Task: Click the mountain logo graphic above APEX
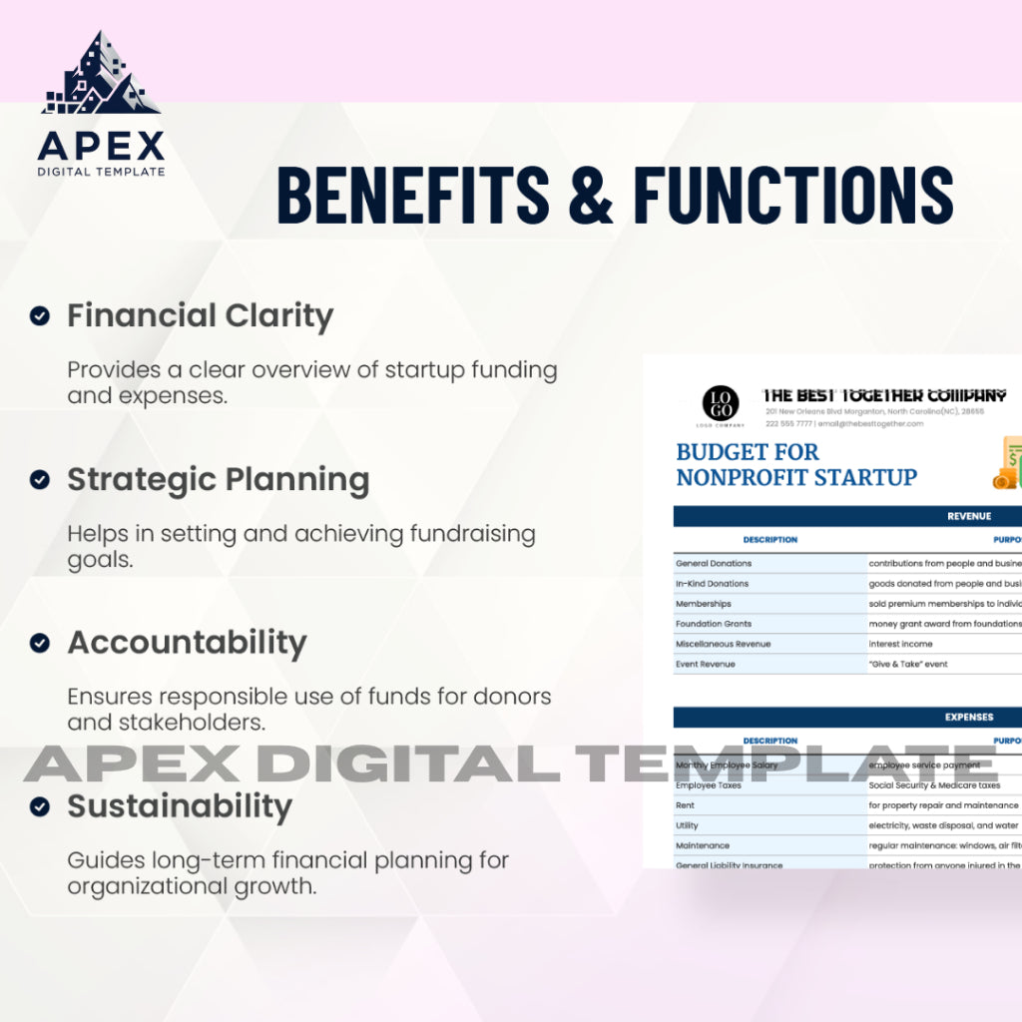pos(100,76)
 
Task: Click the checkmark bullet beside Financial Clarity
pos(39,316)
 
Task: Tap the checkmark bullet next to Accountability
pos(39,643)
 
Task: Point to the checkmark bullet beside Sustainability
pos(39,805)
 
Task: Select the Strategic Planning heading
pos(218,480)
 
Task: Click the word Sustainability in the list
pos(180,805)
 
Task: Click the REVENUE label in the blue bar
pos(969,516)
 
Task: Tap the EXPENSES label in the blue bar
pos(969,717)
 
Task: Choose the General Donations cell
pos(714,564)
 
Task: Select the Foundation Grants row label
pos(714,624)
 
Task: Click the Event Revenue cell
pos(707,664)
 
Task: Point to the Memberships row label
pos(704,604)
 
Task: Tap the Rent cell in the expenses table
pos(686,805)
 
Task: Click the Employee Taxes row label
pos(708,785)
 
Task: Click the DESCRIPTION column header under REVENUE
pos(770,540)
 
